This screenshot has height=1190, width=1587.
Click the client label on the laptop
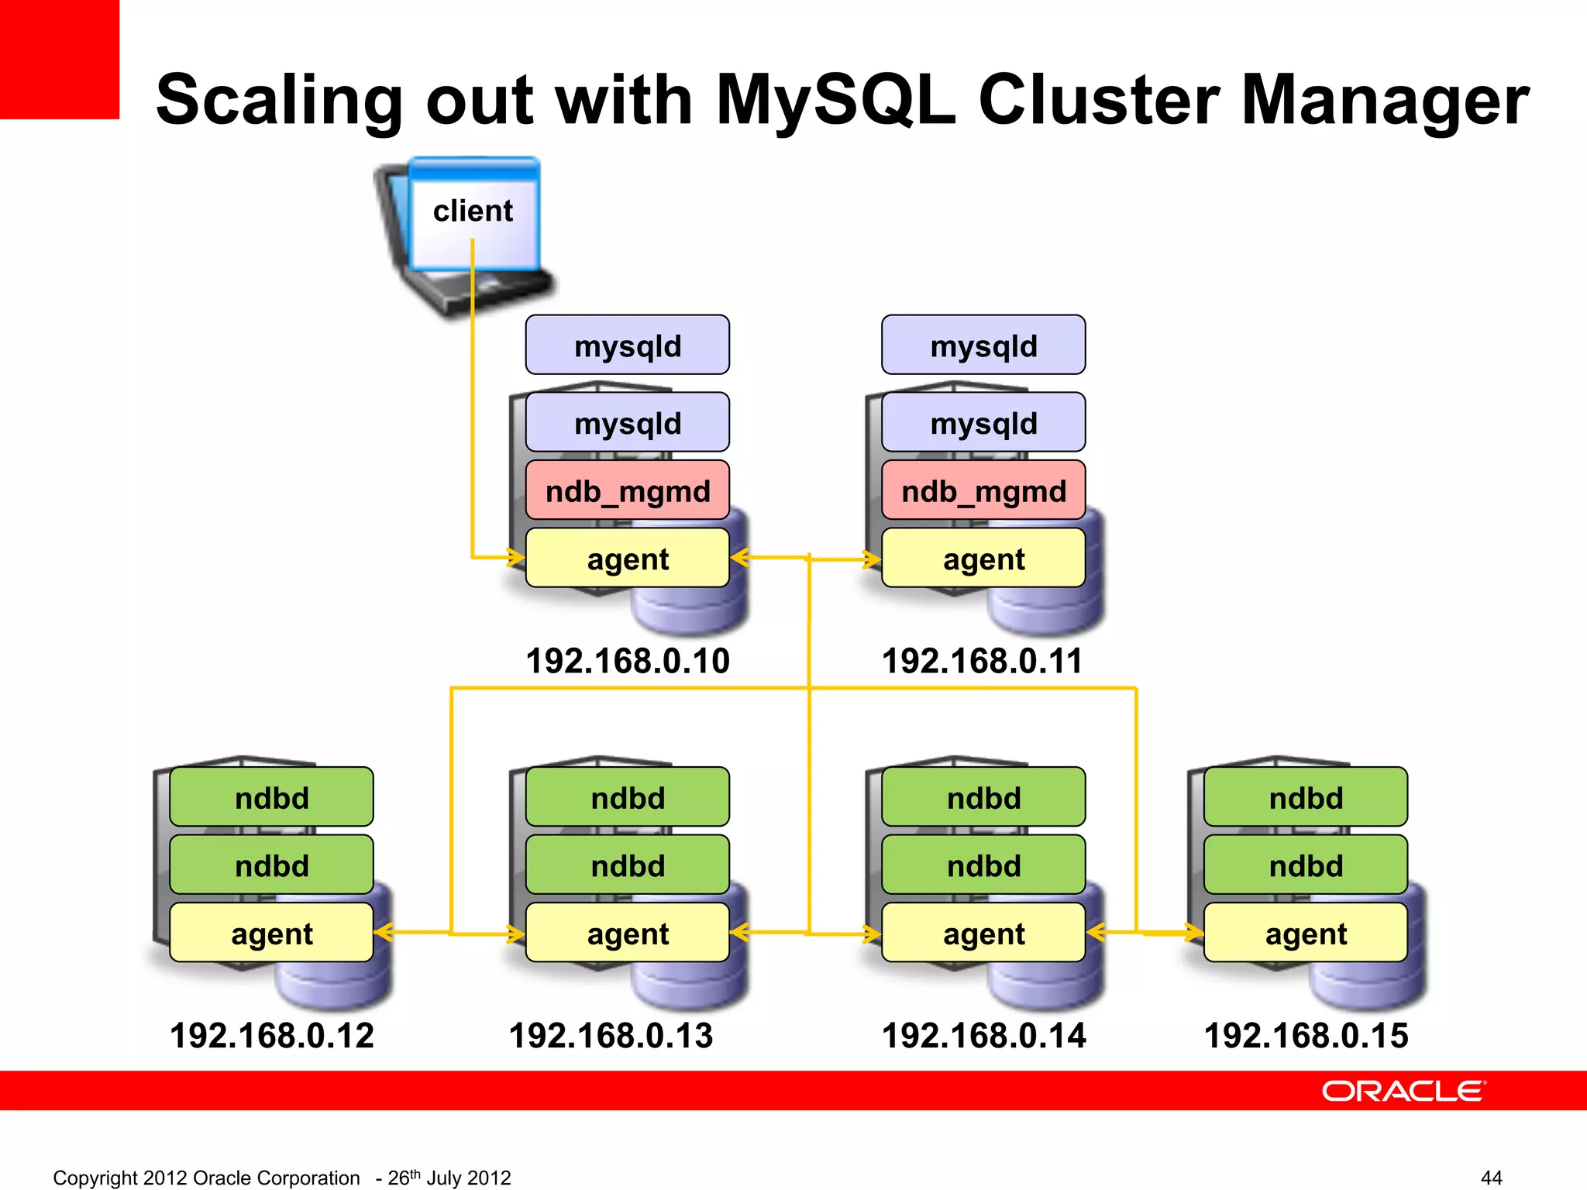click(x=473, y=211)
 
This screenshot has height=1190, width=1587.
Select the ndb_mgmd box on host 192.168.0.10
click(x=627, y=490)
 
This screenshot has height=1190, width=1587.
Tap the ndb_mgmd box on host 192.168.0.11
click(x=983, y=490)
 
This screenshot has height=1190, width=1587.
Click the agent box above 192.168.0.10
click(x=627, y=559)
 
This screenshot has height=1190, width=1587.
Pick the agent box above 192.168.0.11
click(x=983, y=559)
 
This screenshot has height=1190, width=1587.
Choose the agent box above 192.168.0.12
click(x=271, y=933)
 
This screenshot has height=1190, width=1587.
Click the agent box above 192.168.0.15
click(x=1306, y=933)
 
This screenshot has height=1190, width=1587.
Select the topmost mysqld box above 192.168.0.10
click(x=627, y=346)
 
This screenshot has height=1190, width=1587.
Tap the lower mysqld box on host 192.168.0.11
click(x=983, y=423)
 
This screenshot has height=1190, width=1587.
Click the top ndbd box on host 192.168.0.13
click(x=627, y=797)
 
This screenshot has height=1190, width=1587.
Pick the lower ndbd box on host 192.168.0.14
click(x=983, y=865)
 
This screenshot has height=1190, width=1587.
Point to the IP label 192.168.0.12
click(x=271, y=1036)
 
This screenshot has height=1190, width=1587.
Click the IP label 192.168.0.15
click(x=1306, y=1036)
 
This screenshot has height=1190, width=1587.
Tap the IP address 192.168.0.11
click(x=982, y=661)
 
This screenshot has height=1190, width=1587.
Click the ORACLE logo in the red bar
click(x=1403, y=1091)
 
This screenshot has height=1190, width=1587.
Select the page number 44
click(x=1491, y=1178)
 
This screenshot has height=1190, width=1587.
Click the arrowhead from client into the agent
click(x=515, y=557)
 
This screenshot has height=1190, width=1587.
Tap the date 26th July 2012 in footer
click(x=449, y=1178)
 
